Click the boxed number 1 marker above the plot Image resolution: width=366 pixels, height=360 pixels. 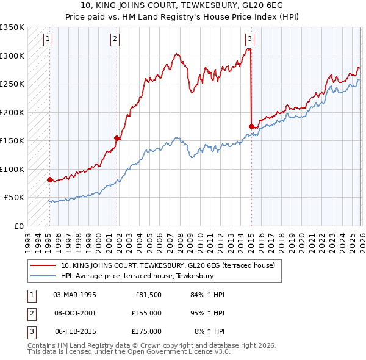tap(48, 39)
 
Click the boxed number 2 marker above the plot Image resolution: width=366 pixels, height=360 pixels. tap(115, 39)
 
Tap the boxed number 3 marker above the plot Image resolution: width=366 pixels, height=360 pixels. tap(249, 39)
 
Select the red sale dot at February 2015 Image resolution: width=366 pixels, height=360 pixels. tap(251, 126)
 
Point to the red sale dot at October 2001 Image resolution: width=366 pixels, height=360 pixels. tap(117, 138)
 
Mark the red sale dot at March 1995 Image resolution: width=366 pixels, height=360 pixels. tap(49, 179)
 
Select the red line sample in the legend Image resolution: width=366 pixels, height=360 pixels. tap(43, 265)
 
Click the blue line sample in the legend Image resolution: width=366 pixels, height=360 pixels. tap(43, 276)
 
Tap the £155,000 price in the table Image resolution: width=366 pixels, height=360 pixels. tap(146, 312)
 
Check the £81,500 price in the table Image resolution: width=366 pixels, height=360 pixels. tap(148, 294)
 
